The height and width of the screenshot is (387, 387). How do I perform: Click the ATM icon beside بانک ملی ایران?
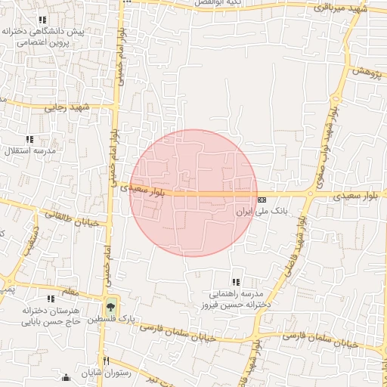(262, 200)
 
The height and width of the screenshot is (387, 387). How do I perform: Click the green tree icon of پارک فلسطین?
(111, 307)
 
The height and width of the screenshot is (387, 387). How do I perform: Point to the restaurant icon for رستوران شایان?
(106, 360)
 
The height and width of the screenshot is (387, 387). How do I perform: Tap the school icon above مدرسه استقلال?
(29, 139)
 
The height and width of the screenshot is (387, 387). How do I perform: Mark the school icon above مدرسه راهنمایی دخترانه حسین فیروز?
(237, 282)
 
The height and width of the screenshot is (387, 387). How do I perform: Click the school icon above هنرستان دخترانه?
(51, 299)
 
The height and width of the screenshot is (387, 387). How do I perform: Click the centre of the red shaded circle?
(193, 193)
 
